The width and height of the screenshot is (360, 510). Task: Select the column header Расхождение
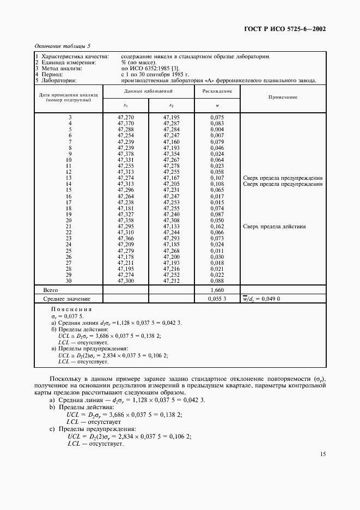(x=217, y=91)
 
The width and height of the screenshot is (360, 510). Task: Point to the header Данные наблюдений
(x=149, y=91)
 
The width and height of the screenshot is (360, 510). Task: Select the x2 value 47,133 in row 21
(x=172, y=226)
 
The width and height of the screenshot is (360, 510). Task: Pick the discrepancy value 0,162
(x=217, y=226)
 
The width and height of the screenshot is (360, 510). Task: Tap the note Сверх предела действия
(x=274, y=226)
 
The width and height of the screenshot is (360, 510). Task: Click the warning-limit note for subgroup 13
(x=283, y=178)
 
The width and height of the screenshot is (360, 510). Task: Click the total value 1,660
(x=217, y=290)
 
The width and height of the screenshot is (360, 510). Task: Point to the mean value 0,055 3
(x=217, y=299)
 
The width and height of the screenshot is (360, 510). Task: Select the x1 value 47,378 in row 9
(x=126, y=154)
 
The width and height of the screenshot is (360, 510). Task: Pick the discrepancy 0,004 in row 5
(x=217, y=130)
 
